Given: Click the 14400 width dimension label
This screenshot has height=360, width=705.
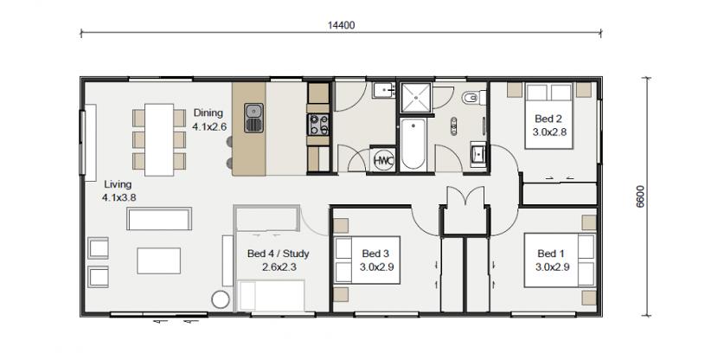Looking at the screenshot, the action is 341,25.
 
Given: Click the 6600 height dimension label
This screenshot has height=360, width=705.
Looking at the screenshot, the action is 640,196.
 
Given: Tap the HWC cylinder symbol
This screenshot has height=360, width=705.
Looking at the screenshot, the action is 383,160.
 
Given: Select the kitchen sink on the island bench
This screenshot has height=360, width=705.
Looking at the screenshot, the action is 253,118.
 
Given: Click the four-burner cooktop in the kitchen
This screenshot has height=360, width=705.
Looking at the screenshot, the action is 318,125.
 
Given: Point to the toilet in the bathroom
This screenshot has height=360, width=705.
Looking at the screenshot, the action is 473,98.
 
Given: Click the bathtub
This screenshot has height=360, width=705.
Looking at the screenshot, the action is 413,145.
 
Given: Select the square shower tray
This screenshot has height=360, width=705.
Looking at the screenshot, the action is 416,98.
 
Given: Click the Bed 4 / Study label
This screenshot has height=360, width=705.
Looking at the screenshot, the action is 279,254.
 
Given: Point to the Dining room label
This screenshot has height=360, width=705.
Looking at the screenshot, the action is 208,113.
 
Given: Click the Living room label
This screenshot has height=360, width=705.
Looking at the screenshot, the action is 118,184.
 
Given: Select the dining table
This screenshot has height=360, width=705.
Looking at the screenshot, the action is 159,139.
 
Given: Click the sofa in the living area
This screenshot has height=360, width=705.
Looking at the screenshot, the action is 159,219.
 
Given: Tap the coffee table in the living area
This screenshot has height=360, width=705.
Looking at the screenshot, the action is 158,260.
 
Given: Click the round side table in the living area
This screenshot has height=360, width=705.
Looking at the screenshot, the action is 221,299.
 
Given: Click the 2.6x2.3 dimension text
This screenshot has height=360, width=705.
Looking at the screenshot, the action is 279,267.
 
